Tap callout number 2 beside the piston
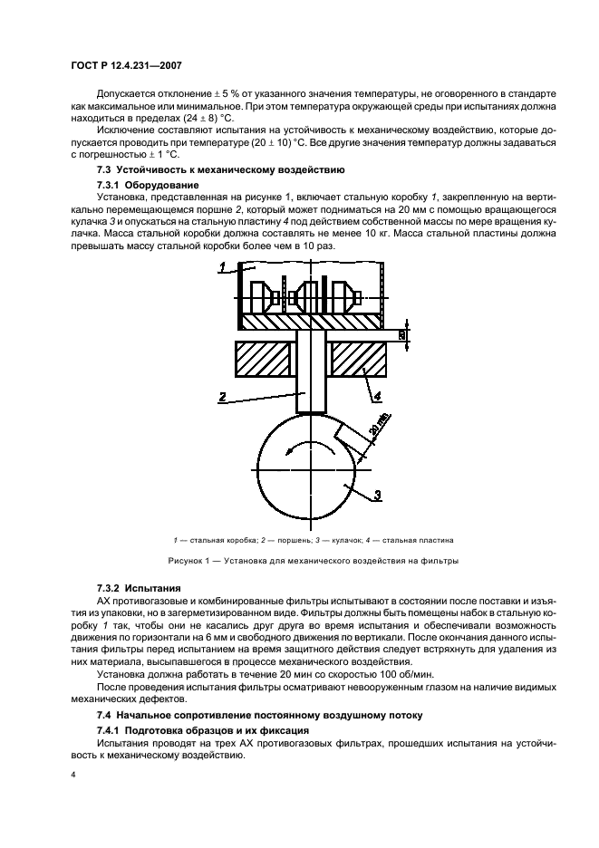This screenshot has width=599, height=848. [x=221, y=397]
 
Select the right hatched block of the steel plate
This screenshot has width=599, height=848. [x=360, y=361]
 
